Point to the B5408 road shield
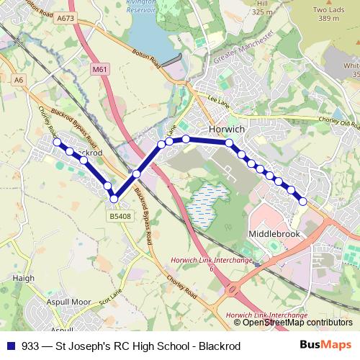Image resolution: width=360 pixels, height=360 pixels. (x=120, y=216)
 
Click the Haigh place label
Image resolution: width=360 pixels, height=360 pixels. (x=24, y=277)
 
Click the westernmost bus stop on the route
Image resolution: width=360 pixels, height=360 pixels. (x=57, y=143)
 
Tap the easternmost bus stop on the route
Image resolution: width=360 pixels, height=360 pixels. (x=303, y=201)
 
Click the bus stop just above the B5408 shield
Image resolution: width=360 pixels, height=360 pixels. (x=114, y=199)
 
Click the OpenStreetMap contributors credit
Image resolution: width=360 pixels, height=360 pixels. (x=297, y=323)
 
